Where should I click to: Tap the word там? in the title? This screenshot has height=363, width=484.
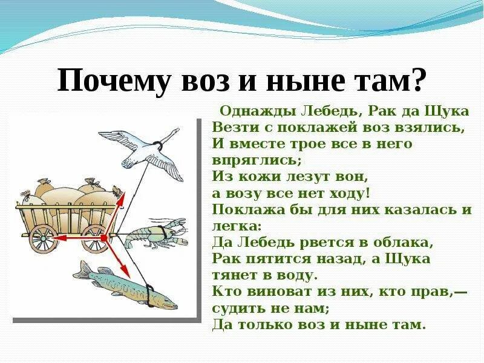[393, 80]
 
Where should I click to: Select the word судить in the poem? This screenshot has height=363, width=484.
[237, 308]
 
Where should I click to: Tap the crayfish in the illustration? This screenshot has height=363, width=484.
[154, 236]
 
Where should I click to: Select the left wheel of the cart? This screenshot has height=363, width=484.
[42, 237]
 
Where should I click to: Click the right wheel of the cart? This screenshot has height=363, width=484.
[96, 238]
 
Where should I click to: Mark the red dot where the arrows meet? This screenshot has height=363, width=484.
[104, 238]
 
